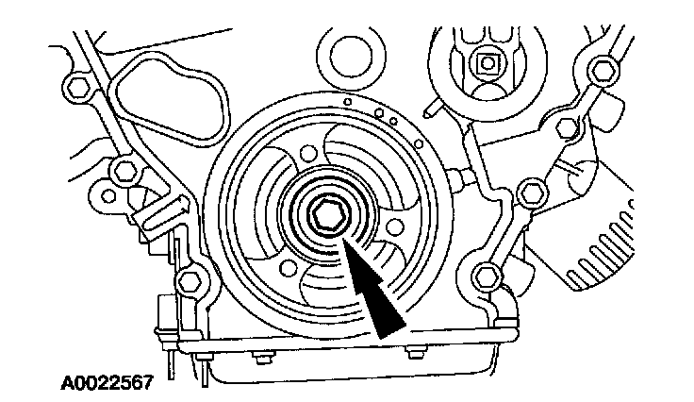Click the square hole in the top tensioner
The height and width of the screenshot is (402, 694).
click(x=487, y=64)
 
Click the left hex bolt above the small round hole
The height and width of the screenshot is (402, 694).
click(x=122, y=172)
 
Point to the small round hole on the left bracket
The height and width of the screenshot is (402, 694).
click(x=107, y=197)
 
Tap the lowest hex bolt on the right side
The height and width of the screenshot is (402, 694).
click(x=487, y=276)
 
